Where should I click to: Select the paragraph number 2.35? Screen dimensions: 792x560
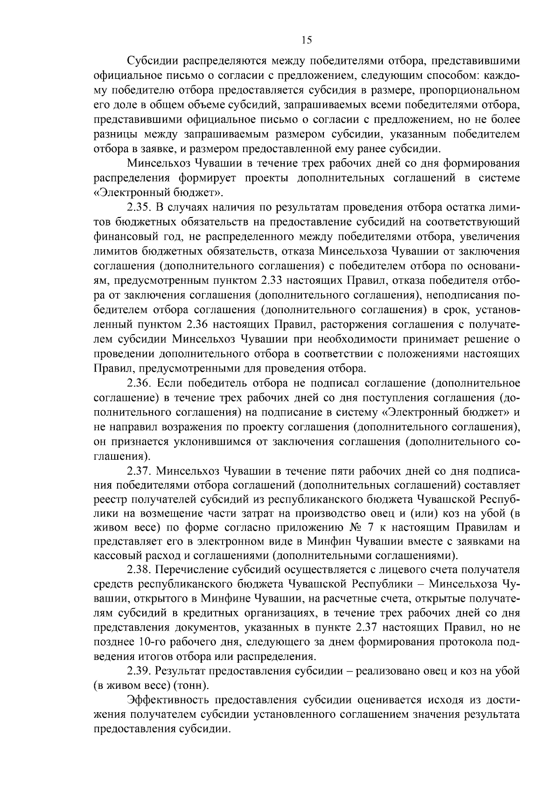(138, 208)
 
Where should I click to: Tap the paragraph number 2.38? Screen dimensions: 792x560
(138, 570)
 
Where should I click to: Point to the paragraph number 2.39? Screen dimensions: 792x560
(138, 671)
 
